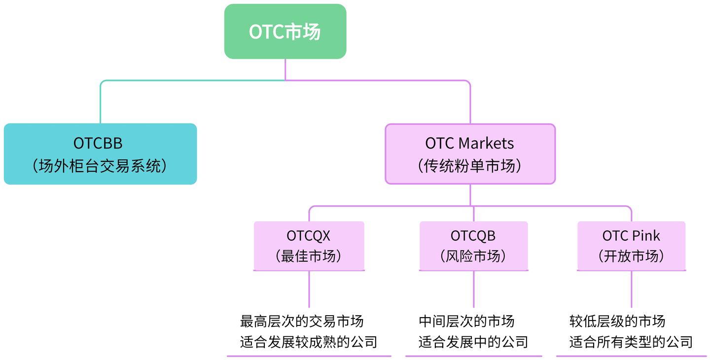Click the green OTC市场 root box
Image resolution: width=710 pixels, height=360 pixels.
[x=285, y=32]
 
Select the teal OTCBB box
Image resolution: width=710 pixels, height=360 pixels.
[x=100, y=154]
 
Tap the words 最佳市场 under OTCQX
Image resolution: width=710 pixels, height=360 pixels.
[x=309, y=256]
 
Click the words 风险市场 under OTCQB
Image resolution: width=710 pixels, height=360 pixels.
[x=473, y=256]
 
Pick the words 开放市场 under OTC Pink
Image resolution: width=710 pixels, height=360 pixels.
[x=631, y=256]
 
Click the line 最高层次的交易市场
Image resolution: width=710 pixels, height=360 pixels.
[x=302, y=322]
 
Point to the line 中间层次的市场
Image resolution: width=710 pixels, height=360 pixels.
[x=466, y=322]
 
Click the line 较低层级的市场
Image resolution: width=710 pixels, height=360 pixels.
[x=617, y=322]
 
